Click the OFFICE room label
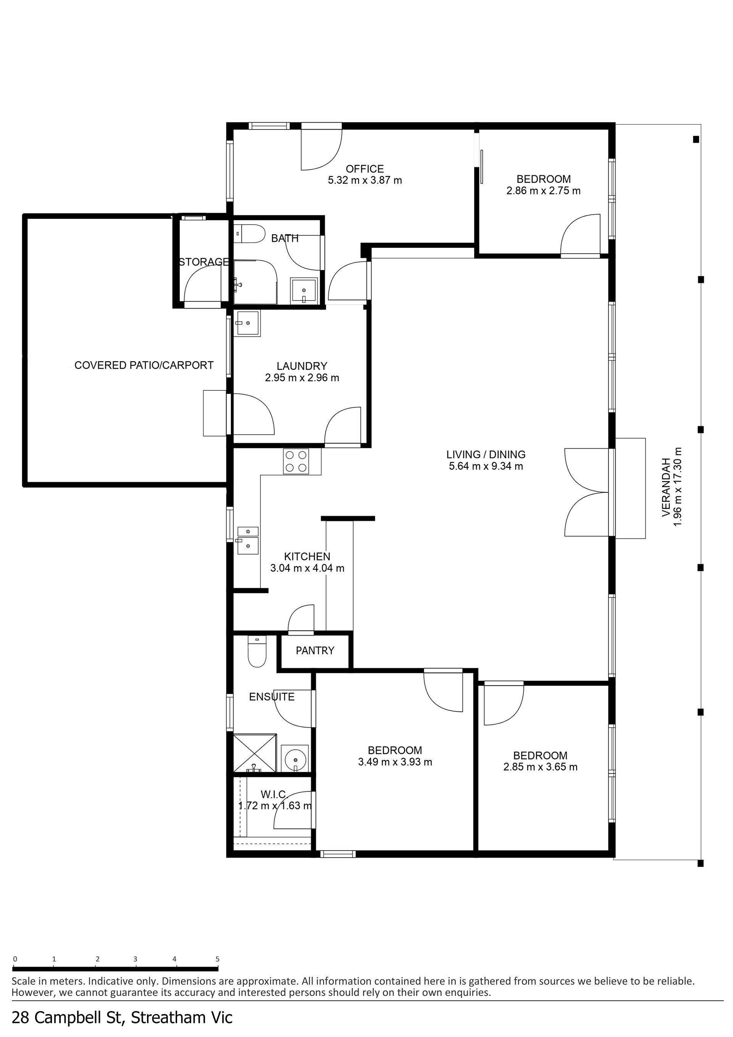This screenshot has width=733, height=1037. tap(365, 169)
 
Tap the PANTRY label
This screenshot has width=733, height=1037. tap(315, 650)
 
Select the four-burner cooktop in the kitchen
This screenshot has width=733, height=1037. tap(296, 461)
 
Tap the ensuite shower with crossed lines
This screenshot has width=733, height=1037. tap(255, 753)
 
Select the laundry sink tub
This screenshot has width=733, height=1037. tap(247, 324)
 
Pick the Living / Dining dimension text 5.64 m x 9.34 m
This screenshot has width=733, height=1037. tap(486, 466)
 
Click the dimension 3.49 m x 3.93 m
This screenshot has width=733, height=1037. tap(396, 762)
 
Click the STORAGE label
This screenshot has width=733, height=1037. tap(204, 262)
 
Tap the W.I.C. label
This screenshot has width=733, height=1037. tap(273, 794)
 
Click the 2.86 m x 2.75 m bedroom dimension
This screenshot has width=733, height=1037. tap(543, 191)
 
